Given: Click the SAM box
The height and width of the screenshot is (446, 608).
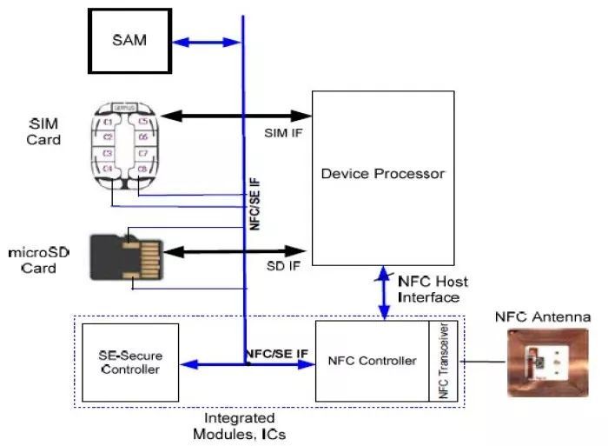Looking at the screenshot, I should [129, 41].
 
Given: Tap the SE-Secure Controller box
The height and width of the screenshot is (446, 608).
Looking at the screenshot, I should [129, 363].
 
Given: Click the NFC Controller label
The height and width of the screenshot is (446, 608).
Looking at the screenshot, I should [372, 361].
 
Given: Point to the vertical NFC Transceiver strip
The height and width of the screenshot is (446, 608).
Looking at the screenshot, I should [442, 361].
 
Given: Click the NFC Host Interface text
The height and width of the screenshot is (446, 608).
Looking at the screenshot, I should [432, 289].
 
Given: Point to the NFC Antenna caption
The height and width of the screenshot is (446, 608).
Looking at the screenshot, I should [542, 316].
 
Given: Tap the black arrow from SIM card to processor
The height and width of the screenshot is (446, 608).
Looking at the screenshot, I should [236, 115].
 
